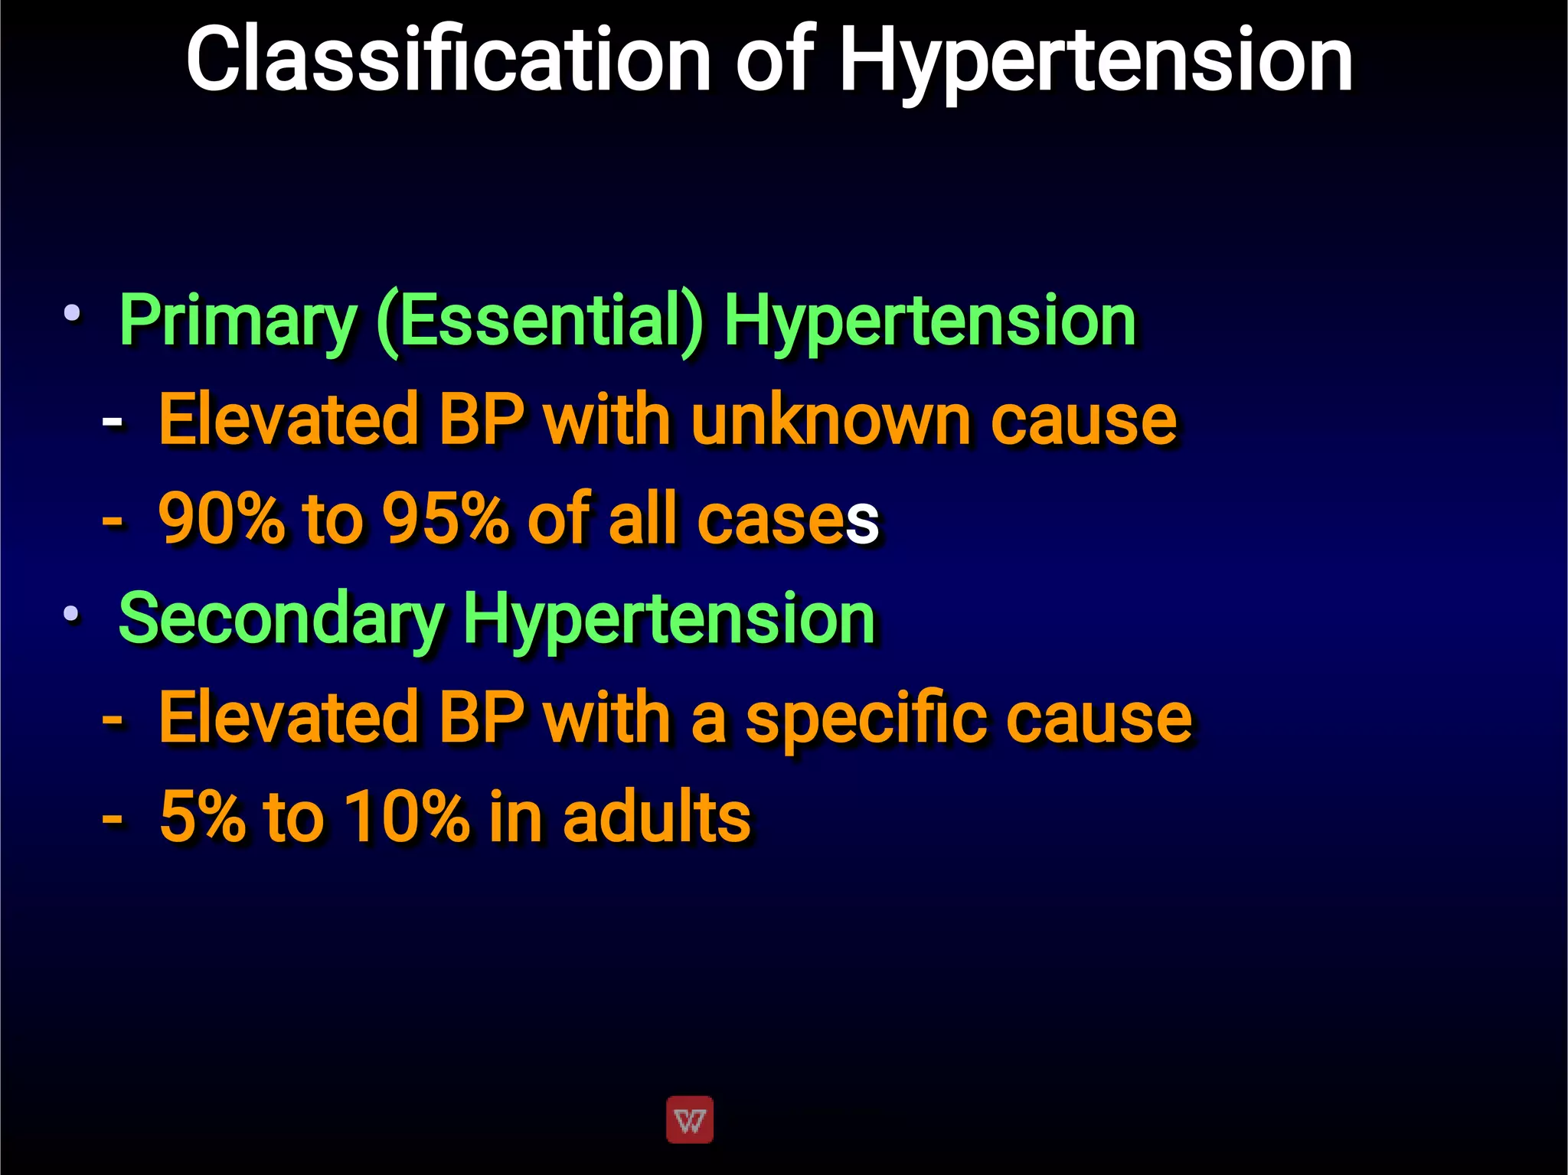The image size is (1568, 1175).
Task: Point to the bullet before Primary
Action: click(x=72, y=312)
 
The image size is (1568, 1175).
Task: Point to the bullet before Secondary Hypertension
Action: click(x=72, y=612)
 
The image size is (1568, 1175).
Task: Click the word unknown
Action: click(x=831, y=419)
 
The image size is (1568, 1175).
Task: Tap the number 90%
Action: click(x=220, y=519)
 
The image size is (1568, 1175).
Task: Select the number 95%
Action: click(x=445, y=519)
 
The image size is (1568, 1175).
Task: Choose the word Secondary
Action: click(x=281, y=619)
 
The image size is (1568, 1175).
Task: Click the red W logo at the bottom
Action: click(x=690, y=1120)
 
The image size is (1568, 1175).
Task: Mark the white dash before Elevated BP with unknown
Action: click(x=112, y=422)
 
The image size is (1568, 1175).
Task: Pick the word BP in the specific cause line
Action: click(x=482, y=718)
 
